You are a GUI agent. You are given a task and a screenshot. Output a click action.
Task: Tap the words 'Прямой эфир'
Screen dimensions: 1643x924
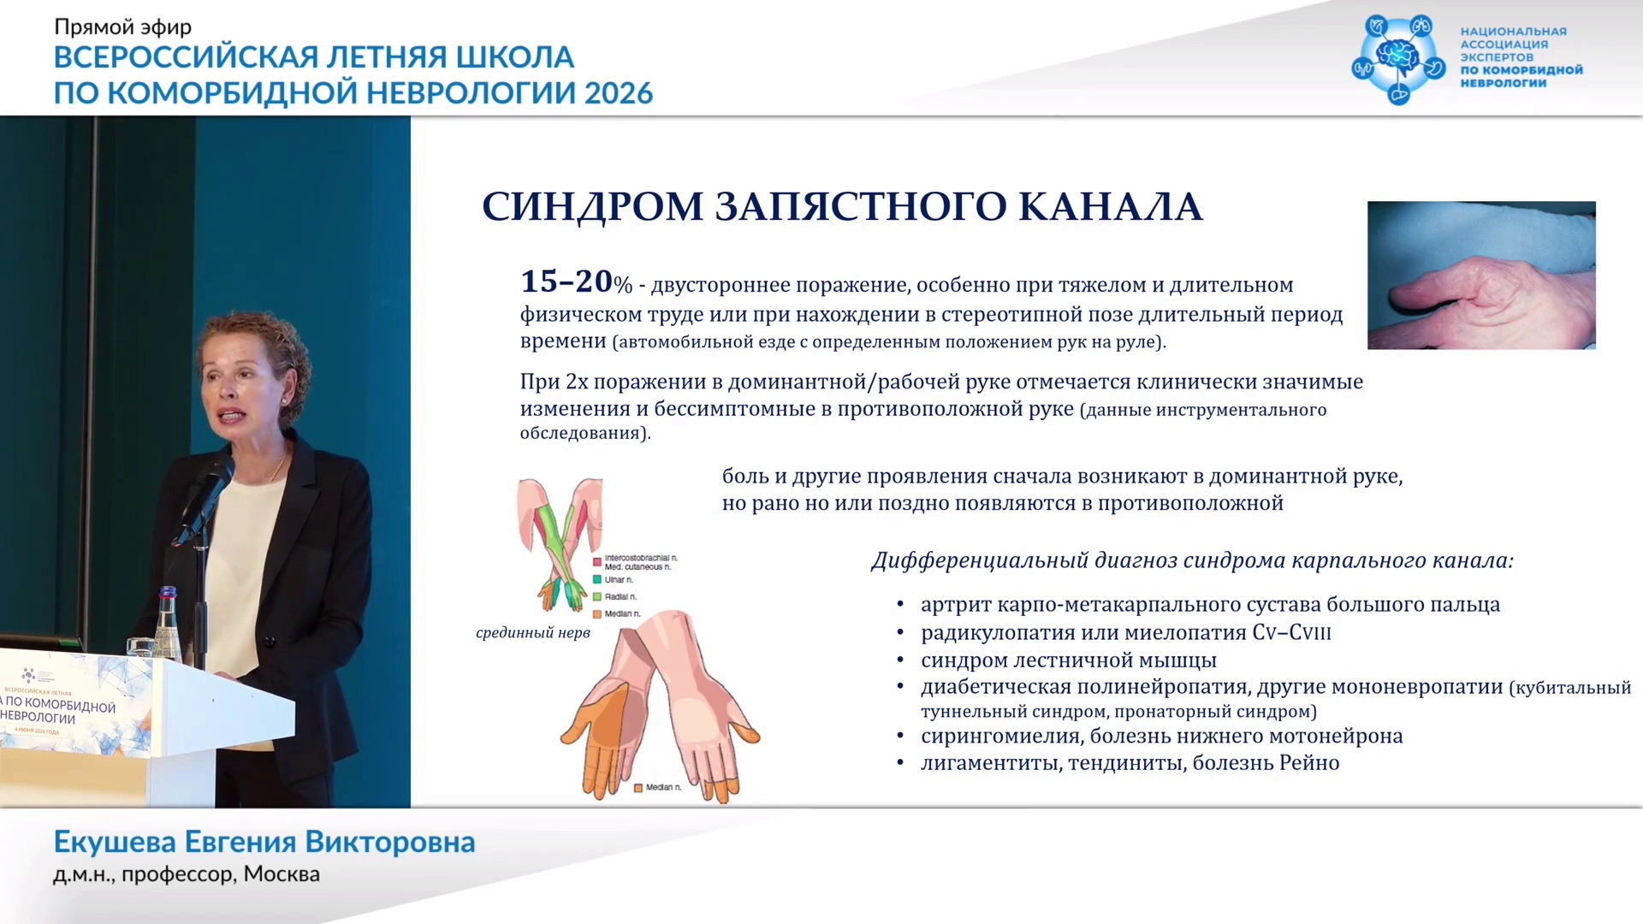pyautogui.click(x=123, y=27)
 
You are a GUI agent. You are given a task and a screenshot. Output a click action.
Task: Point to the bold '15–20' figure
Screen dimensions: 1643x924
pyautogui.click(x=566, y=281)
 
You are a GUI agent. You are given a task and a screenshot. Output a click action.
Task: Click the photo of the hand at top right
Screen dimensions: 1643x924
pyautogui.click(x=1481, y=275)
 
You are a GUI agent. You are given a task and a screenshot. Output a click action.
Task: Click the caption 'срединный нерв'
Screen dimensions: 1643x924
pyautogui.click(x=533, y=633)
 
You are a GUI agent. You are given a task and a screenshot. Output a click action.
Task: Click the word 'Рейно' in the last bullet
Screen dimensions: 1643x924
pyautogui.click(x=1309, y=762)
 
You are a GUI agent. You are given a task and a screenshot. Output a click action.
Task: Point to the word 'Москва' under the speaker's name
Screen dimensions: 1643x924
pyautogui.click(x=282, y=874)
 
